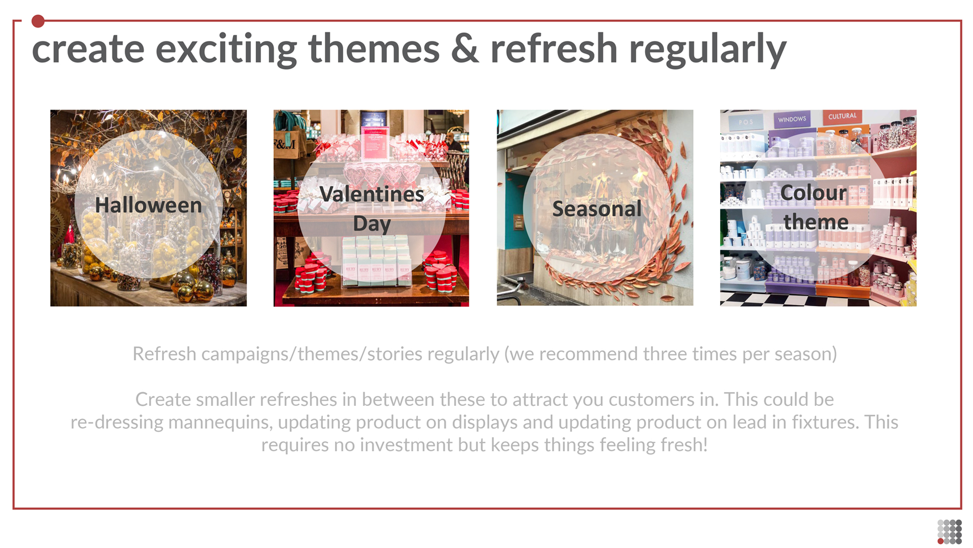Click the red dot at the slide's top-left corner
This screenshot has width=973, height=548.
(38, 21)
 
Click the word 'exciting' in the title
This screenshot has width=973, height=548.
(226, 49)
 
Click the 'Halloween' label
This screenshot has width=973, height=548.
(148, 205)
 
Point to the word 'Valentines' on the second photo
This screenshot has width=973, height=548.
(371, 194)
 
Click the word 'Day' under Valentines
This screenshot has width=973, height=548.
(371, 224)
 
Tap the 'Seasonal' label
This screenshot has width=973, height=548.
(597, 209)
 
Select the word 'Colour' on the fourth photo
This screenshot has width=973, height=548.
(813, 193)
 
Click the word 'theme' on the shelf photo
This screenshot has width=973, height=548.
(816, 222)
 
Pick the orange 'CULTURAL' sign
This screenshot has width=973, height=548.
(842, 117)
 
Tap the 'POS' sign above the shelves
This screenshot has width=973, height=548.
(746, 122)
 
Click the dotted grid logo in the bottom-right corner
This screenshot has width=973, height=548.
(950, 532)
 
